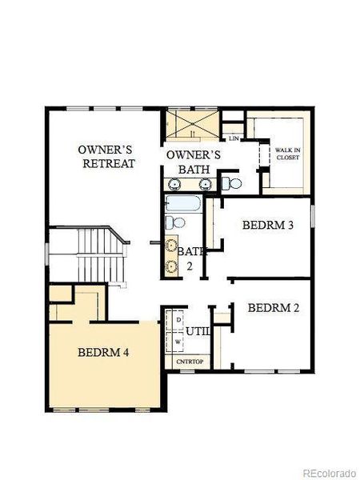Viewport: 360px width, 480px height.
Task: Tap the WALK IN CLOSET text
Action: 287,154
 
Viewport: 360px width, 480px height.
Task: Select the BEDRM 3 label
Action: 268,225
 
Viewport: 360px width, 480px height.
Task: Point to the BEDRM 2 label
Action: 274,308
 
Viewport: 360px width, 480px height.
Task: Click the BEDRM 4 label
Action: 104,352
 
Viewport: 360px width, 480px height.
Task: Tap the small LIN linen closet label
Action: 234,138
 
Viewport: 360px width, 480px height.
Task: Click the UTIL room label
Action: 198,330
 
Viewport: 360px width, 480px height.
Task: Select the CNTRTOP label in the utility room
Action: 190,362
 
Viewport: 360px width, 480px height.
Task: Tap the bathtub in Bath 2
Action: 185,202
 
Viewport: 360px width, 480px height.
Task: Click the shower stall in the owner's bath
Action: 192,126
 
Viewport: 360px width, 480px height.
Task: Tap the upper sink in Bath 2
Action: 170,246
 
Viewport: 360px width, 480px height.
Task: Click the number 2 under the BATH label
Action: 190,267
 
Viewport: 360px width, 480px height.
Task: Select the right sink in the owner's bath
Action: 205,183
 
